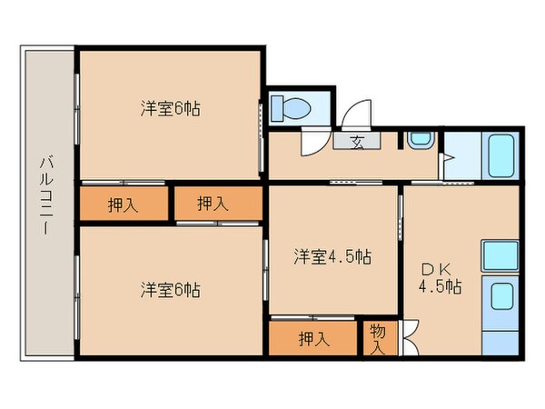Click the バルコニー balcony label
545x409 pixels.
pyautogui.click(x=44, y=196)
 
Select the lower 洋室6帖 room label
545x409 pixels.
pyautogui.click(x=170, y=290)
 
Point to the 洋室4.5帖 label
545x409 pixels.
pyautogui.click(x=331, y=257)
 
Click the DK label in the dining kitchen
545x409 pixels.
pyautogui.click(x=440, y=270)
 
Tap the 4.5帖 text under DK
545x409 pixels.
pyautogui.click(x=440, y=288)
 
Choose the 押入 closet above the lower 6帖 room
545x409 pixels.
pyautogui.click(x=213, y=204)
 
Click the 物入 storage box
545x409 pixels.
pyautogui.click(x=378, y=338)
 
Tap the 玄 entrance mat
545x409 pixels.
pyautogui.click(x=358, y=141)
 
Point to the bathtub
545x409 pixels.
pyautogui.click(x=501, y=157)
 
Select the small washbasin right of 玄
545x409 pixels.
pyautogui.click(x=420, y=141)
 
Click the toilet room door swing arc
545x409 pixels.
pyautogui.click(x=313, y=139)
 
